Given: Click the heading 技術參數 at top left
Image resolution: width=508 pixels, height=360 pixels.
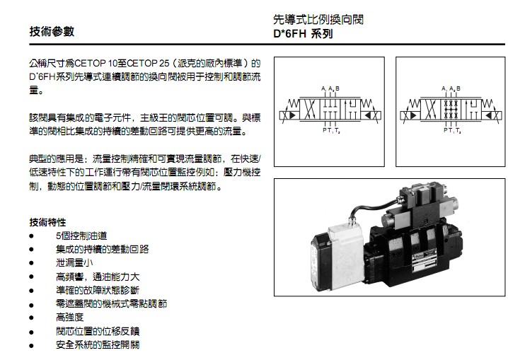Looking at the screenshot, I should point(51,32).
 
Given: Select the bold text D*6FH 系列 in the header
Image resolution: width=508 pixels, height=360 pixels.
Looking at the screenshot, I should point(302,33).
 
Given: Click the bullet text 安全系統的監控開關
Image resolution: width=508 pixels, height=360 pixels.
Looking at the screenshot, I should point(98,344).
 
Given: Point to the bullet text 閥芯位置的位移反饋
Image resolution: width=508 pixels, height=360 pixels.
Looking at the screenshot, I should point(98,331).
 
